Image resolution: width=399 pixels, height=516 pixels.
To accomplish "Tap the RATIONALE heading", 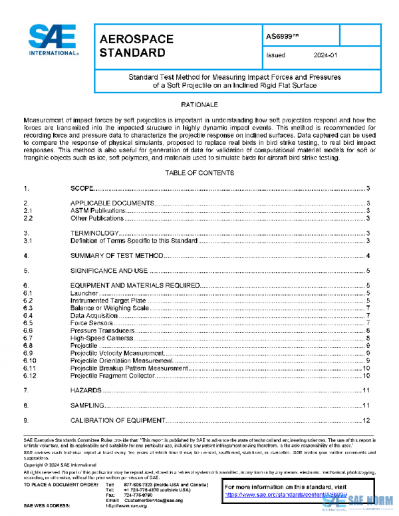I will coord(199,105).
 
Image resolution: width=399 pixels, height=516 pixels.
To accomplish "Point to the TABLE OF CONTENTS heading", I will coord(199,173).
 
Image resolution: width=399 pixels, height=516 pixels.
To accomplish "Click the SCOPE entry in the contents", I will coord(82,189).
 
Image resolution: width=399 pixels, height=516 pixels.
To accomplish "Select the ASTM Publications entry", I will coord(97,210).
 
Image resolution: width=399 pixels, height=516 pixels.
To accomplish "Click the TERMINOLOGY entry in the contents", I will coord(94,233).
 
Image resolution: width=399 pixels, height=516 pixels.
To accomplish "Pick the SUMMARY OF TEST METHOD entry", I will coord(116,256).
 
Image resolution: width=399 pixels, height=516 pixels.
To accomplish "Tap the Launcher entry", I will coord(84,293).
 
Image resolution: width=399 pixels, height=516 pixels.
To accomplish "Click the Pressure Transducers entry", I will coord(99,330).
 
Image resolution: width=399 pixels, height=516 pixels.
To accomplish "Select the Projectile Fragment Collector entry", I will coord(112,376).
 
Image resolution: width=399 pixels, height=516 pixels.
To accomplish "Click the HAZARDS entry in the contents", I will coord(86,390).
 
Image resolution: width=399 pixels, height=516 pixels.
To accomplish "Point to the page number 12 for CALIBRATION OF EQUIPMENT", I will coord(366,421).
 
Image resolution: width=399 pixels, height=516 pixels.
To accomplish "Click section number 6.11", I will coord(29,368).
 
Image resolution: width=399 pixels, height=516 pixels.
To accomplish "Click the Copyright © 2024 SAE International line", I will coord(55,465).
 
